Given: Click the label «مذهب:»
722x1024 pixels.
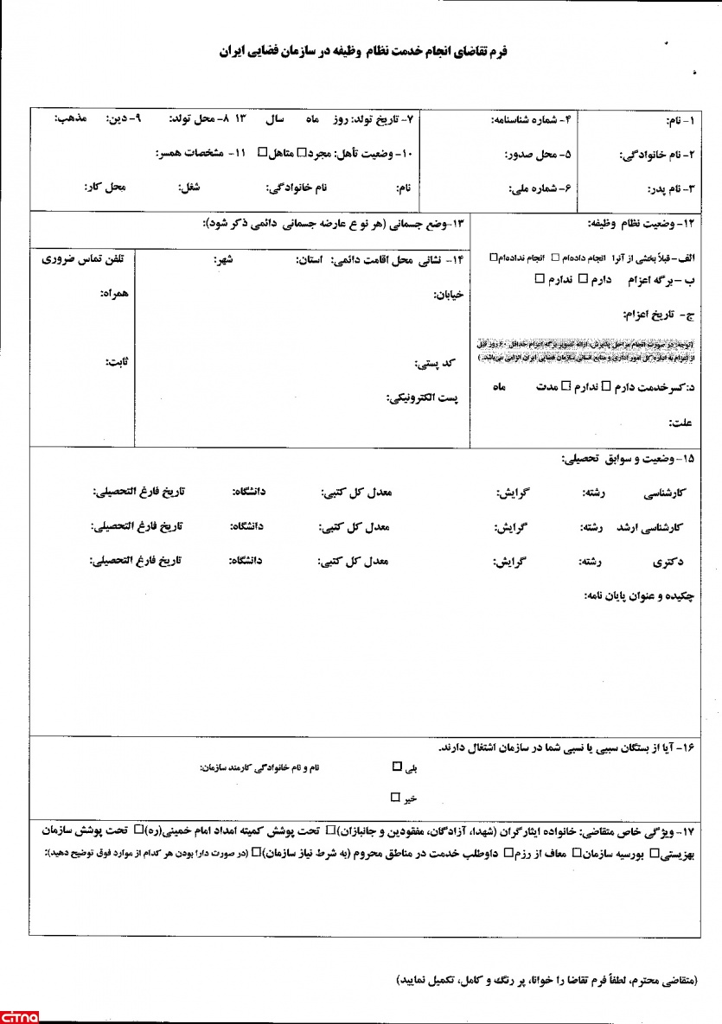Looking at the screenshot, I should (x=69, y=118).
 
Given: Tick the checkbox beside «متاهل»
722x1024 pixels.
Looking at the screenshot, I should (x=263, y=154).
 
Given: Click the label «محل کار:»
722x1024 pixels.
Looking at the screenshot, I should (x=104, y=186).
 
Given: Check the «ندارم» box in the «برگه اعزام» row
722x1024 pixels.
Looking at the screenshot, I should (x=539, y=278).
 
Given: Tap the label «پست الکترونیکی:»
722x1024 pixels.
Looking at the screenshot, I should (x=423, y=398).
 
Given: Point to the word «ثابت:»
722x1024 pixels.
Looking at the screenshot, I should (x=116, y=361).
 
